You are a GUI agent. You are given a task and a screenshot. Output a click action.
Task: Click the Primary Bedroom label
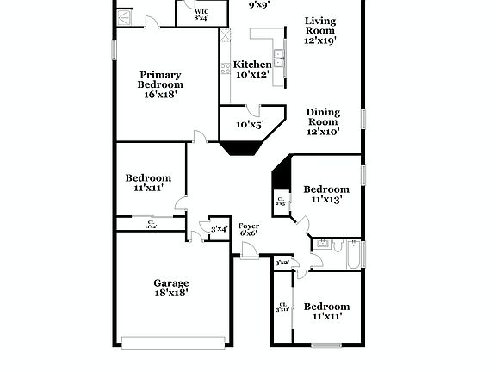coord(161,84)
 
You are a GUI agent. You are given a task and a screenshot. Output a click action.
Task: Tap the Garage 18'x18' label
coord(171,288)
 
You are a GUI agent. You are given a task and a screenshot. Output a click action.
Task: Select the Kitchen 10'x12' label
coord(253,69)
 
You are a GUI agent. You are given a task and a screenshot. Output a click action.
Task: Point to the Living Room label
coord(320,30)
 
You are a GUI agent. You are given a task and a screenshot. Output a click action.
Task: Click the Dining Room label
coord(323,121)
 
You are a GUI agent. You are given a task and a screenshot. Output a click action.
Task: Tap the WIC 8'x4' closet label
coord(201,14)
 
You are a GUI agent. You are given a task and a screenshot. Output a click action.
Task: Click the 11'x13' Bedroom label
coord(325,194)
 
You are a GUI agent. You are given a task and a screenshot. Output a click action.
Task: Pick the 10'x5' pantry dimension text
coord(250,124)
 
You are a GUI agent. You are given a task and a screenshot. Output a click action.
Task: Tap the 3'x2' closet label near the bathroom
coord(282,263)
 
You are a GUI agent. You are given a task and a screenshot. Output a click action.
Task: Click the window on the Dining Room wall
coord(364,118)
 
